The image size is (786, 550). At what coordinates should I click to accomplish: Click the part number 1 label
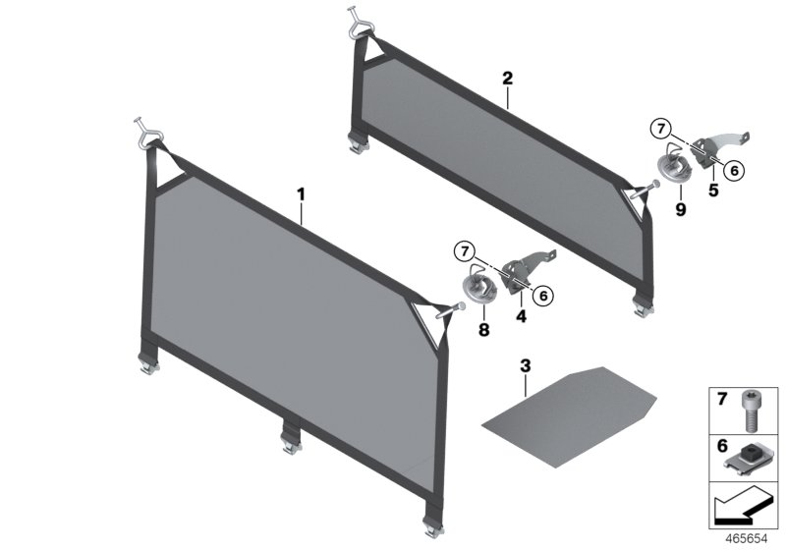point(302,194)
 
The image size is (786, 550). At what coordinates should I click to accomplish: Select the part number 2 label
point(507,77)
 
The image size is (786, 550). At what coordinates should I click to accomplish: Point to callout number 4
point(522,317)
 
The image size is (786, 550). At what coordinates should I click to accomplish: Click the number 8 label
point(482,331)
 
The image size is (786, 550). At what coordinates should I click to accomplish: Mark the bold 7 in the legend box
point(720,401)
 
